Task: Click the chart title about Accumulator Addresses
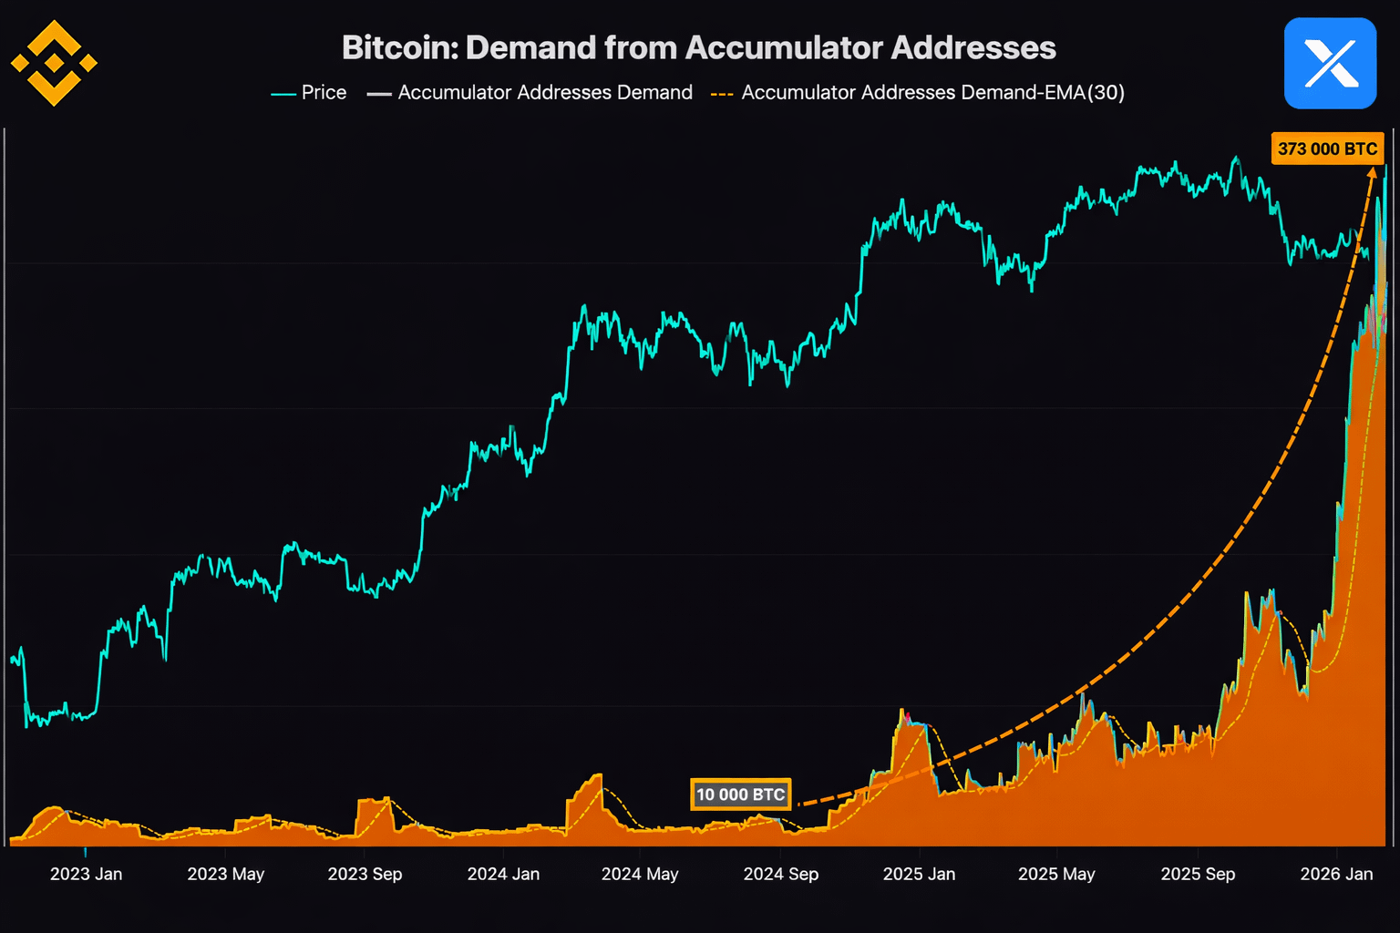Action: (698, 47)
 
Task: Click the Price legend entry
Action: (309, 93)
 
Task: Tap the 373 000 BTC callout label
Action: (1327, 149)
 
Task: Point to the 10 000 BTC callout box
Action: (740, 795)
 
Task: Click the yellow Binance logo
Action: (54, 63)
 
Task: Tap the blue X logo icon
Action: (1330, 64)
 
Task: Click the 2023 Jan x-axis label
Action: (86, 874)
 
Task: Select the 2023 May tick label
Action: (225, 874)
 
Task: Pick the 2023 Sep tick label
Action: (365, 874)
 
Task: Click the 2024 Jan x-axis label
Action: (503, 874)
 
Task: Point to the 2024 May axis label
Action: (640, 874)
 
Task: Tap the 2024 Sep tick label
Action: (781, 874)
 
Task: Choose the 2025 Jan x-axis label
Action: (919, 874)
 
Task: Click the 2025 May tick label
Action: (1056, 874)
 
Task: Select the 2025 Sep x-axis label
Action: (1198, 874)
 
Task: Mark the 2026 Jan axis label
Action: (1336, 874)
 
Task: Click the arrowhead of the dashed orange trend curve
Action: (1372, 172)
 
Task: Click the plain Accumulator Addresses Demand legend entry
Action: (530, 93)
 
